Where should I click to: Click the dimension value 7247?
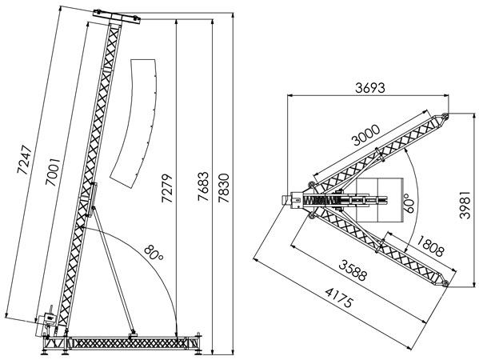[25, 159]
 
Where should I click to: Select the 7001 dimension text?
[53, 172]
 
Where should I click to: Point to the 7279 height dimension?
[167, 188]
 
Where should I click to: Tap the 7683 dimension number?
[203, 186]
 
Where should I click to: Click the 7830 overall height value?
[224, 188]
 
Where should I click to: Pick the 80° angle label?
[154, 253]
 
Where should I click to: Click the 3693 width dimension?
[370, 88]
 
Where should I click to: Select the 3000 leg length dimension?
[366, 135]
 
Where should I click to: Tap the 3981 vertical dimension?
[465, 205]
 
